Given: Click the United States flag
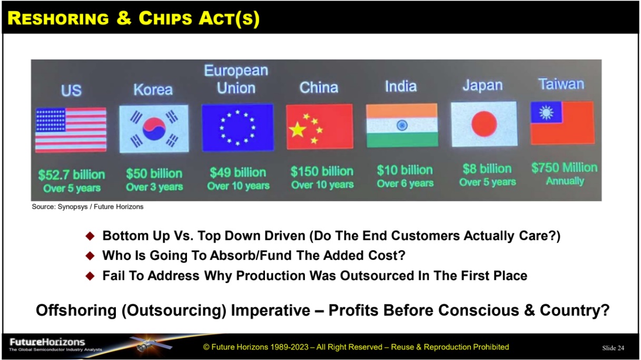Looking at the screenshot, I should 71,129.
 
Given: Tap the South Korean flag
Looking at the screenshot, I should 153,128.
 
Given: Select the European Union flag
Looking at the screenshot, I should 238,126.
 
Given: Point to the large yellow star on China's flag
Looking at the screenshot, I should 298,129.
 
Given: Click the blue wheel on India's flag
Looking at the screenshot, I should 402,125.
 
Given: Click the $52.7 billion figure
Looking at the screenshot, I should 72,175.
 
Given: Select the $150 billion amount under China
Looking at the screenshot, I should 322,172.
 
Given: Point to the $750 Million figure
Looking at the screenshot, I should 564,168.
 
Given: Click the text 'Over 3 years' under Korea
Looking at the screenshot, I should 154,187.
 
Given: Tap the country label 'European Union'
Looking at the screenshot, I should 236,79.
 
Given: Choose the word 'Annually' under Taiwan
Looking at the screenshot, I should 565,181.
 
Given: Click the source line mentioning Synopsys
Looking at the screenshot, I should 87,207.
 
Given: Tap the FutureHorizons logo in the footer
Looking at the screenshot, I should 47,343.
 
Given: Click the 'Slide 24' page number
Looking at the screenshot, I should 613,348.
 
